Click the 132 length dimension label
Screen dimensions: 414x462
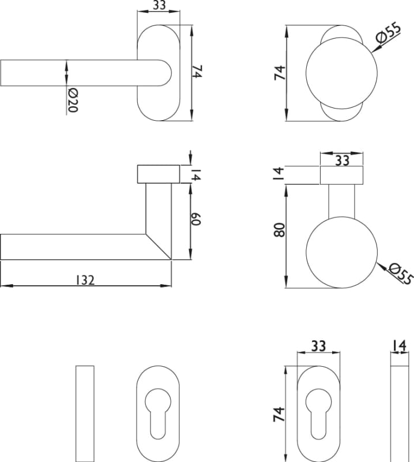pyautogui.click(x=85, y=280)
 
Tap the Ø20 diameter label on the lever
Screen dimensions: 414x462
pyautogui.click(x=72, y=100)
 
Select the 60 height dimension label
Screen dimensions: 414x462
pyautogui.click(x=195, y=219)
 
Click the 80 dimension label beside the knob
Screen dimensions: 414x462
pyautogui.click(x=280, y=230)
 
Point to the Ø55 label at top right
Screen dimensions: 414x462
pyautogui.click(x=389, y=33)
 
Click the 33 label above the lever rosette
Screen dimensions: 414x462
pyautogui.click(x=160, y=5)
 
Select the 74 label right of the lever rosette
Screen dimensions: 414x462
pyautogui.click(x=197, y=72)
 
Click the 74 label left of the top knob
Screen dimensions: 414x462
pyautogui.click(x=280, y=73)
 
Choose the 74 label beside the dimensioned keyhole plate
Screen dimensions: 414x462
pyautogui.click(x=279, y=414)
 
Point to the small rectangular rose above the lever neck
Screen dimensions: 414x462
pyautogui.click(x=159, y=174)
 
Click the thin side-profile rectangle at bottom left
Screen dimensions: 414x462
pyautogui.click(x=85, y=413)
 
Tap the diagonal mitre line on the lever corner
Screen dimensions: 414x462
pyautogui.click(x=159, y=247)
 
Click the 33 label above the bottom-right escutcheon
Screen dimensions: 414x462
pyautogui.click(x=318, y=346)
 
